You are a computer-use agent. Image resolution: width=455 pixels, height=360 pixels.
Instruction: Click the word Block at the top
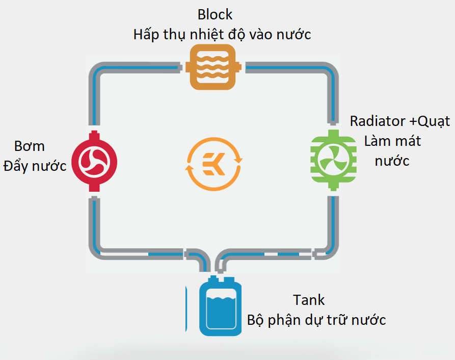(x=215, y=15)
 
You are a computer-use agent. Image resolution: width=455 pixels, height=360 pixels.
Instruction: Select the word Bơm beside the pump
(x=29, y=146)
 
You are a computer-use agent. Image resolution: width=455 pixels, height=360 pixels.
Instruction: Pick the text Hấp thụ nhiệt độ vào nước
(x=222, y=35)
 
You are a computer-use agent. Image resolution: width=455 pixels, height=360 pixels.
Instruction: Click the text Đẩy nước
(x=35, y=166)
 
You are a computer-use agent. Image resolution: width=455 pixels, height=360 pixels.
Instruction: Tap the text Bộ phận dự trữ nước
(x=316, y=320)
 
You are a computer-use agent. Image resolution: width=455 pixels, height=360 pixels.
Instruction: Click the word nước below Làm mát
(x=392, y=161)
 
